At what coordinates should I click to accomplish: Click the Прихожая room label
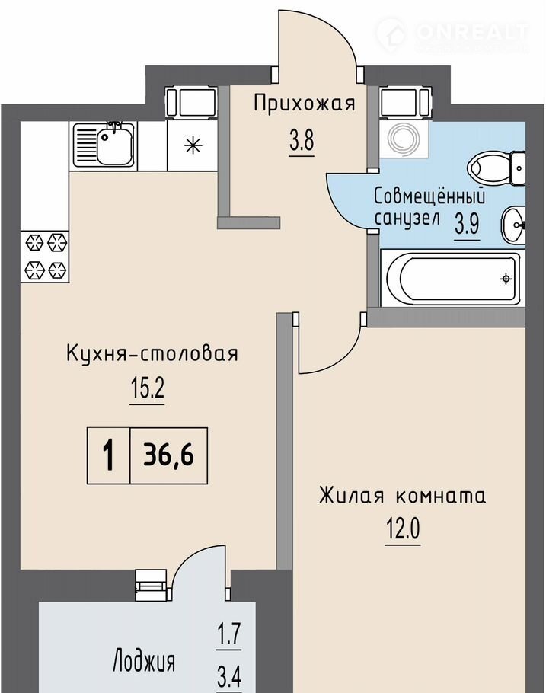(304, 104)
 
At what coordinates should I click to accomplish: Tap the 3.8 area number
(302, 142)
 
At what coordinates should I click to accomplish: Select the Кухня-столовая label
(152, 353)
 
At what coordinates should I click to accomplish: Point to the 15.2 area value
(147, 389)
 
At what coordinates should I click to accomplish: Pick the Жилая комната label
(402, 496)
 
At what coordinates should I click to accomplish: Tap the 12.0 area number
(403, 529)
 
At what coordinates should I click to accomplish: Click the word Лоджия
(144, 662)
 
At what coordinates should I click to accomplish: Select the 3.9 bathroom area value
(468, 224)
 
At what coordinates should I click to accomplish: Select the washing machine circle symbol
(403, 139)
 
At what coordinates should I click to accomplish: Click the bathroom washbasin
(512, 225)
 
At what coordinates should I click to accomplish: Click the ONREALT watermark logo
(452, 34)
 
